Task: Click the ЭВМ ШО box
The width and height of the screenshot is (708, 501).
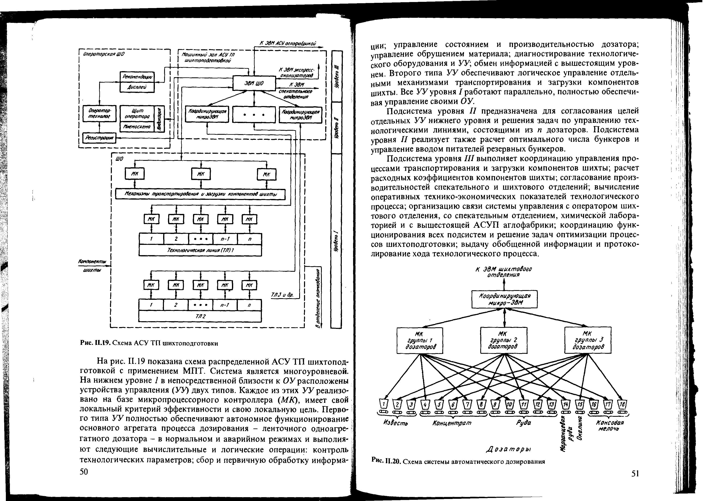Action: pos(254,83)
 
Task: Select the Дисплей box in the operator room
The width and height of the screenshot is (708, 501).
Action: pos(137,87)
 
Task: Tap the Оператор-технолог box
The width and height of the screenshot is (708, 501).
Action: pos(99,114)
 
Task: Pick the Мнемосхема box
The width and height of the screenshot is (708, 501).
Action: pos(137,126)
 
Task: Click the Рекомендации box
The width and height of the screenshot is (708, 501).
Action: pos(137,77)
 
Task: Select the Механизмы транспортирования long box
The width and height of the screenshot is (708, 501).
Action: pos(200,194)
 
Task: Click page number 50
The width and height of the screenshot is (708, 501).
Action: pos(84,472)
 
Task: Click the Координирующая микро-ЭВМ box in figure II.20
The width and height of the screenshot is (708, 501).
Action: pos(505,299)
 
